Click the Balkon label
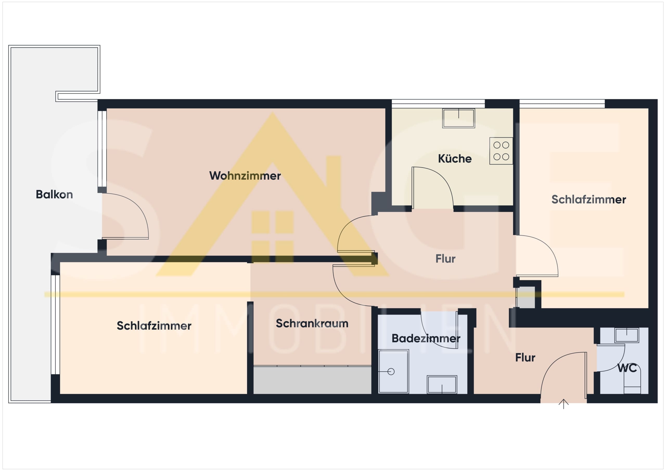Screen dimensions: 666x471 click(54, 194)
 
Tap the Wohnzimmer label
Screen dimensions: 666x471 click(245, 176)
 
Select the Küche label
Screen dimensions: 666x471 click(455, 158)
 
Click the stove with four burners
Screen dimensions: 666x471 click(501, 151)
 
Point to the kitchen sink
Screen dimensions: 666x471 click(459, 118)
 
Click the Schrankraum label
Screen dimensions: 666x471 click(312, 323)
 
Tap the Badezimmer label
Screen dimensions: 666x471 click(426, 338)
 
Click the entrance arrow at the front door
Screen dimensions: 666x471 click(563, 404)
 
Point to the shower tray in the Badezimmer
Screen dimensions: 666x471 click(394, 371)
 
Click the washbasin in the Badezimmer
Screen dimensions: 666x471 click(442, 385)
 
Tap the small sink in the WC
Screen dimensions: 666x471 click(627, 335)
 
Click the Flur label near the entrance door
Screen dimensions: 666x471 click(525, 358)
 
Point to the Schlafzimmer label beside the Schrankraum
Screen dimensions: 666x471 click(154, 326)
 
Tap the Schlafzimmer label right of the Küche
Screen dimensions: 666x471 click(589, 200)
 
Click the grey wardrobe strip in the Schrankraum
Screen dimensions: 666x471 click(312, 380)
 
